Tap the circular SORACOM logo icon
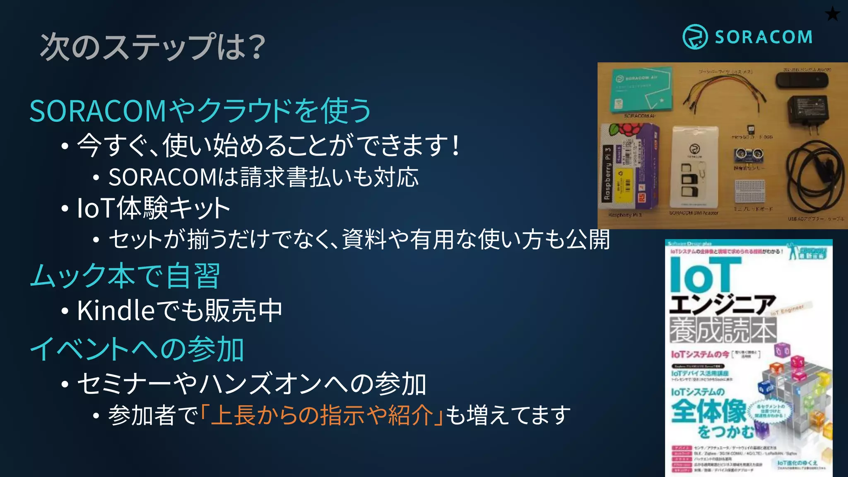(695, 37)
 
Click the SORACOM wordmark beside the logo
(764, 37)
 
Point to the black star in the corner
(832, 14)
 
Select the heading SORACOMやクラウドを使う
(200, 111)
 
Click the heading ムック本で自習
(125, 276)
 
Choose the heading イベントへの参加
(137, 349)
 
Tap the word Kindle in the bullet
(116, 310)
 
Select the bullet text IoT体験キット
(154, 208)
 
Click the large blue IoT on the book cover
(700, 275)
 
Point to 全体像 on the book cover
(708, 411)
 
